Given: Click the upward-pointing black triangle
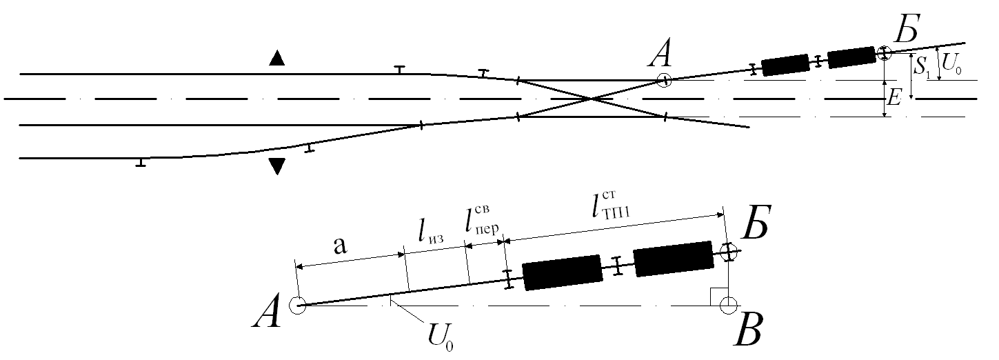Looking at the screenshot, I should (x=276, y=59).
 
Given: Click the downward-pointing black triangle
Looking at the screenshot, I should (x=276, y=166).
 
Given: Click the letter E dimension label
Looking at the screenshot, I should (x=894, y=99).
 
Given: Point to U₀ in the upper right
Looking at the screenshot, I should (x=951, y=66).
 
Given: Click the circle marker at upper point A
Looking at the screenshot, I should (x=664, y=81).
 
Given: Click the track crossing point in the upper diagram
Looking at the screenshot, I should (x=592, y=99).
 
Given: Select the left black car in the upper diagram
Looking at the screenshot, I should (x=785, y=64).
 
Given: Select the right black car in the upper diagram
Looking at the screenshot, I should (x=851, y=57).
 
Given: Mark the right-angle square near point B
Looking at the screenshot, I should (x=718, y=296).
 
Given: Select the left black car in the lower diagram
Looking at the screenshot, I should (x=563, y=272).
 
